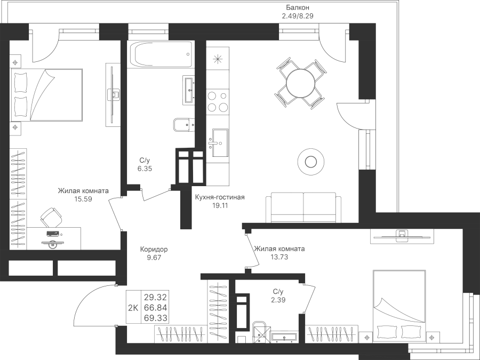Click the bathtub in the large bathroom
(159, 54)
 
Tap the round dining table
(300, 82)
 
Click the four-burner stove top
(218, 101)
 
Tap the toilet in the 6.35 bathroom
(182, 126)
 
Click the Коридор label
(154, 249)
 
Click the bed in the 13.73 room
(399, 305)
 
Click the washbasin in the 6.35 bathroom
(189, 89)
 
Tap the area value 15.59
(83, 198)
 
